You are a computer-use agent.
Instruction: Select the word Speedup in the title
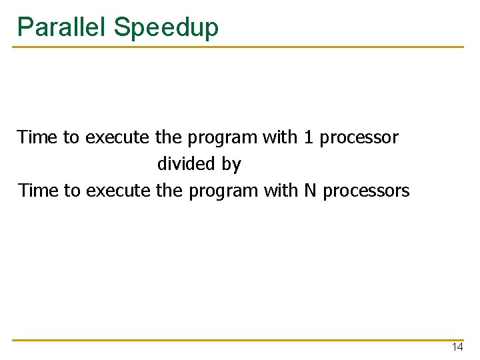(x=166, y=28)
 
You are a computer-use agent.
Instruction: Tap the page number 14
(x=457, y=347)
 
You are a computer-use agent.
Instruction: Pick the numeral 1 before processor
(x=308, y=137)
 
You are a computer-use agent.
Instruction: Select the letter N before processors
(x=310, y=191)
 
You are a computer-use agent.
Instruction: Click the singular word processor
(x=359, y=138)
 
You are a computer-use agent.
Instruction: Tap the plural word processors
(x=366, y=191)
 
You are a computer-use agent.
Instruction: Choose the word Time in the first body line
(x=37, y=137)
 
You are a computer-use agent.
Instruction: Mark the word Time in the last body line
(x=37, y=191)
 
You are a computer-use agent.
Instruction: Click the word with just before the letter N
(x=281, y=191)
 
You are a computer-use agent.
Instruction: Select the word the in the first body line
(x=169, y=137)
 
